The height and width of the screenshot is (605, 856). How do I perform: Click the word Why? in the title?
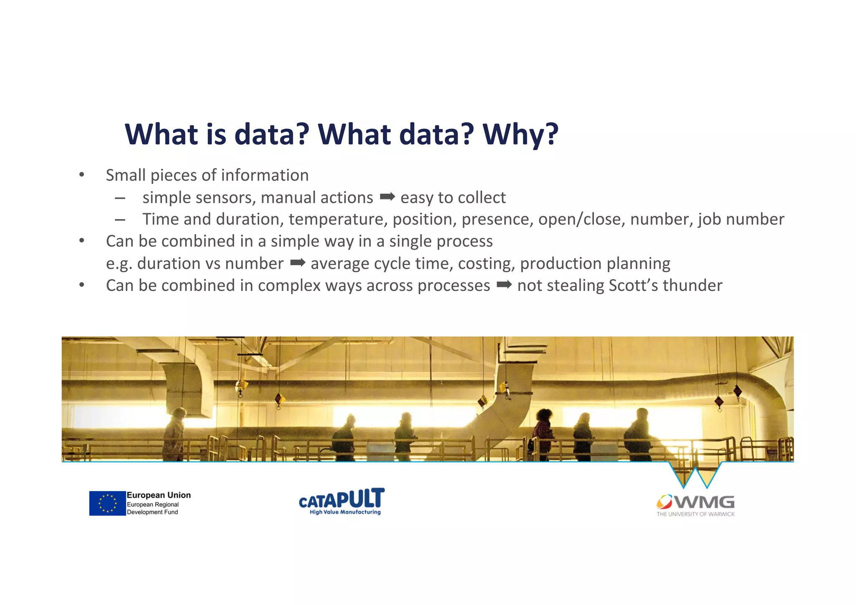tap(520, 135)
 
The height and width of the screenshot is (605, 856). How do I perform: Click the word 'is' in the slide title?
tap(216, 135)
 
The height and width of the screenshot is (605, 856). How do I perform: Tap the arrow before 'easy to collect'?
tap(387, 197)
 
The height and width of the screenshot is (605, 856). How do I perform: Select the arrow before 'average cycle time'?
tap(298, 263)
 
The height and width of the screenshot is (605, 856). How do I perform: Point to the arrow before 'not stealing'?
tap(504, 285)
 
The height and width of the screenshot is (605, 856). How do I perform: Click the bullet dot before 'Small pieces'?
tap(82, 175)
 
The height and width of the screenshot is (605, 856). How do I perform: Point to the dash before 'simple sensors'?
tap(120, 198)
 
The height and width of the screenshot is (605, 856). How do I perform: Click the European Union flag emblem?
tap(107, 503)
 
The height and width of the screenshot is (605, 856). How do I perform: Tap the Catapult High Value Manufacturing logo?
tap(341, 501)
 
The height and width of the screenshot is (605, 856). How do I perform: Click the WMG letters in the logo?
tap(705, 502)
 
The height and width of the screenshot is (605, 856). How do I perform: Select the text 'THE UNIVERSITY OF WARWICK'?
tap(695, 514)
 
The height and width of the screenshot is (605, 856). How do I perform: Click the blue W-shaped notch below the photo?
tap(695, 477)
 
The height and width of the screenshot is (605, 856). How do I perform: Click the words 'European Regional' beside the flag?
tap(153, 504)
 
